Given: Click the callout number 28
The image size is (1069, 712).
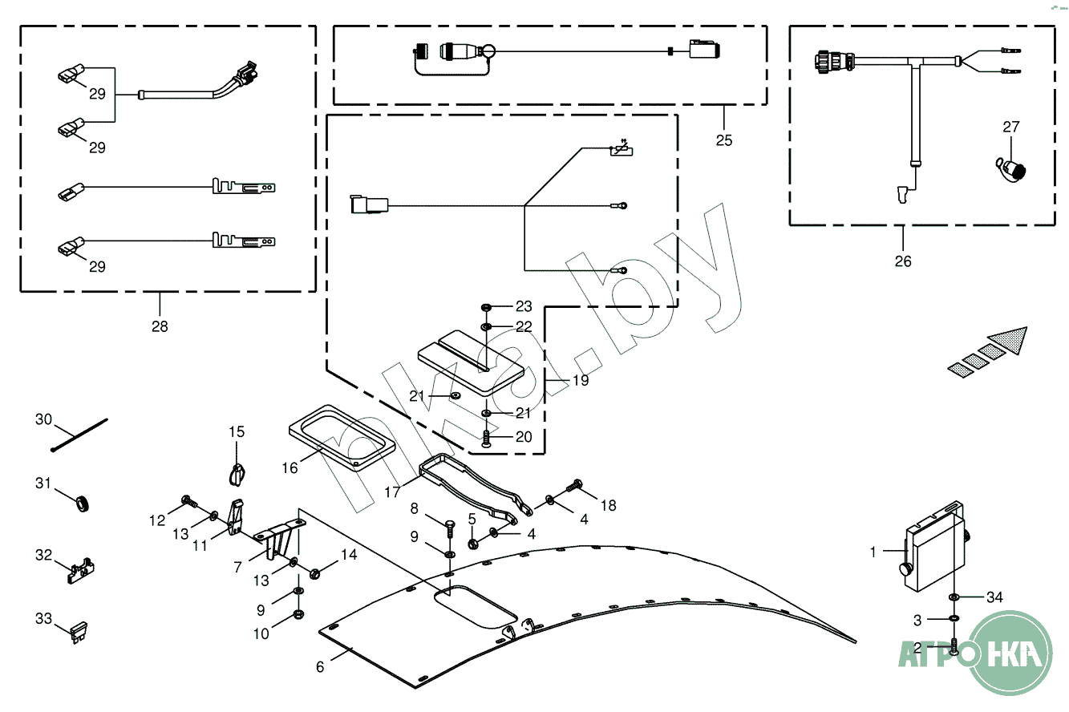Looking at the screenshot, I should click(160, 326).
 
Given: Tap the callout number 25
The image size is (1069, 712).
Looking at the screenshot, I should click(724, 140).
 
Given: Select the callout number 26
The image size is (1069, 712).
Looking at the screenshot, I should click(903, 261).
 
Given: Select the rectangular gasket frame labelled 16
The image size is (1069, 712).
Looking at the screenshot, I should click(342, 437).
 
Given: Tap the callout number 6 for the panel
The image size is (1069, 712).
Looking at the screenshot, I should click(320, 666).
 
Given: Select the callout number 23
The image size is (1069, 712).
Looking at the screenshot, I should click(524, 306).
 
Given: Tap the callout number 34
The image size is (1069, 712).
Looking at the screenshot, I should click(994, 597).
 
